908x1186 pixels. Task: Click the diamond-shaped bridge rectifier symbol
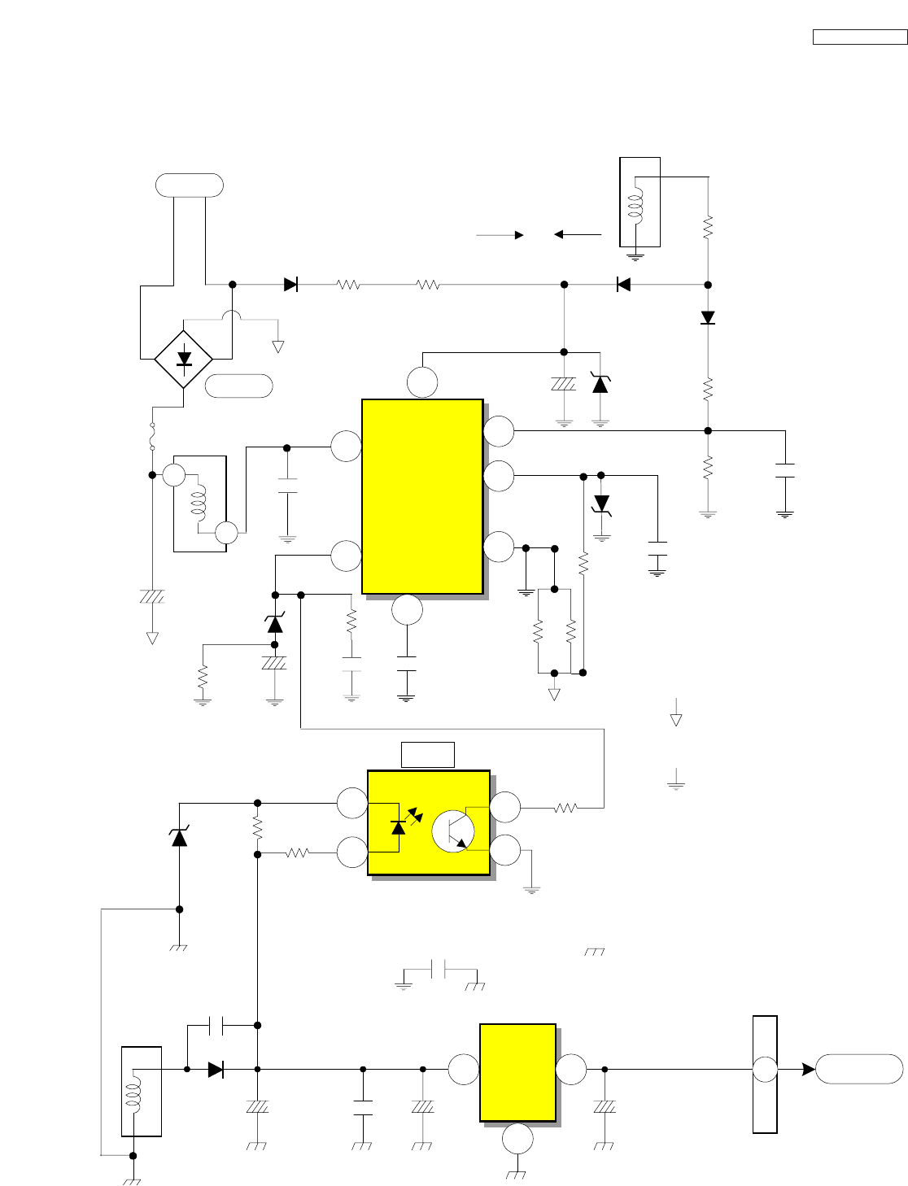coord(184,359)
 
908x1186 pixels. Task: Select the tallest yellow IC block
coord(422,496)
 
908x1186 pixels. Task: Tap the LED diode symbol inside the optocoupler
coord(398,826)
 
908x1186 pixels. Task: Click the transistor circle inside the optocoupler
coord(452,831)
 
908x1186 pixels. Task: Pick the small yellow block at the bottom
coord(517,1072)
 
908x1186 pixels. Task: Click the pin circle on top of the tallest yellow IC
coord(422,382)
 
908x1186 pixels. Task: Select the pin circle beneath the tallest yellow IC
coord(407,610)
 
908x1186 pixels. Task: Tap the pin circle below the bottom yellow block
coord(517,1140)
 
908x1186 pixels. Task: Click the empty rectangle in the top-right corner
coord(859,37)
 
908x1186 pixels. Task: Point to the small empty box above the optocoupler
coord(428,755)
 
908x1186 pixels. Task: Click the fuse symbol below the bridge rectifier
coord(152,435)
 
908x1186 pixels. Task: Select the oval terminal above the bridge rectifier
coord(190,185)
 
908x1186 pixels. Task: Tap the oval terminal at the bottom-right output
coord(859,1069)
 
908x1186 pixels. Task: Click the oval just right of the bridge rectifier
coord(238,386)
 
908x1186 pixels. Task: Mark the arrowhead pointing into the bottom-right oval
coord(808,1070)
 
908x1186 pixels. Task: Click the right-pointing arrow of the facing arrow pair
coord(500,235)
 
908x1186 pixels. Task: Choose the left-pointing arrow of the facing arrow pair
coord(577,235)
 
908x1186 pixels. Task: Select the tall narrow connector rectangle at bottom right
coord(765,1074)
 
